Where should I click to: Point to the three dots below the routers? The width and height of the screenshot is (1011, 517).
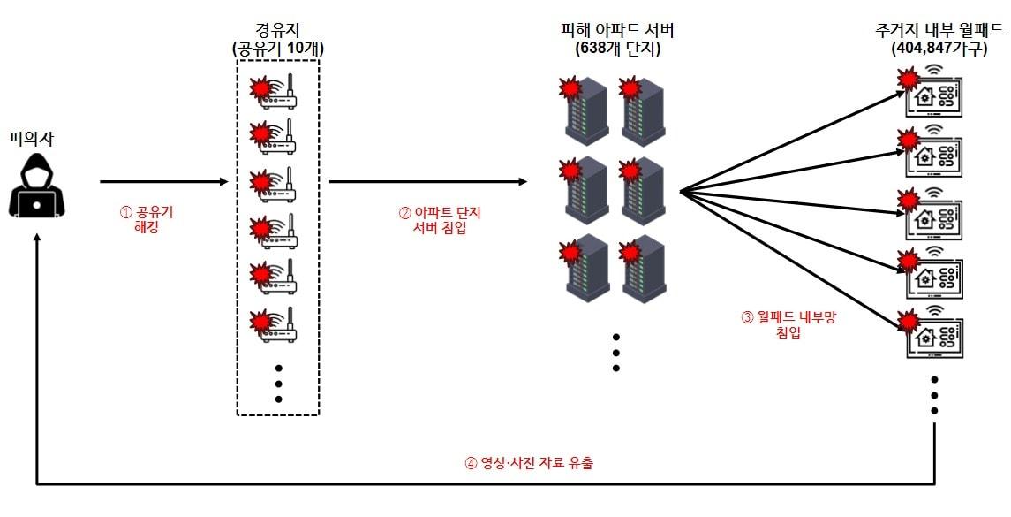pos(278,383)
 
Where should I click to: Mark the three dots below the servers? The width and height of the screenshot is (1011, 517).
pos(615,353)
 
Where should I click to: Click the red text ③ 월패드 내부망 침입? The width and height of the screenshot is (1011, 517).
pos(788,325)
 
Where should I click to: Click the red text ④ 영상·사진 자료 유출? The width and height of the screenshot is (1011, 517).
pos(529,462)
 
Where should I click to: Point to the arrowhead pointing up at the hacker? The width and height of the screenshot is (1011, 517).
pos(37,239)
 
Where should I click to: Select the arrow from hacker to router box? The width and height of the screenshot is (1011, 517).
pos(163,182)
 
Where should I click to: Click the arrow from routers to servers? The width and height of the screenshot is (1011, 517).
pos(428,182)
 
